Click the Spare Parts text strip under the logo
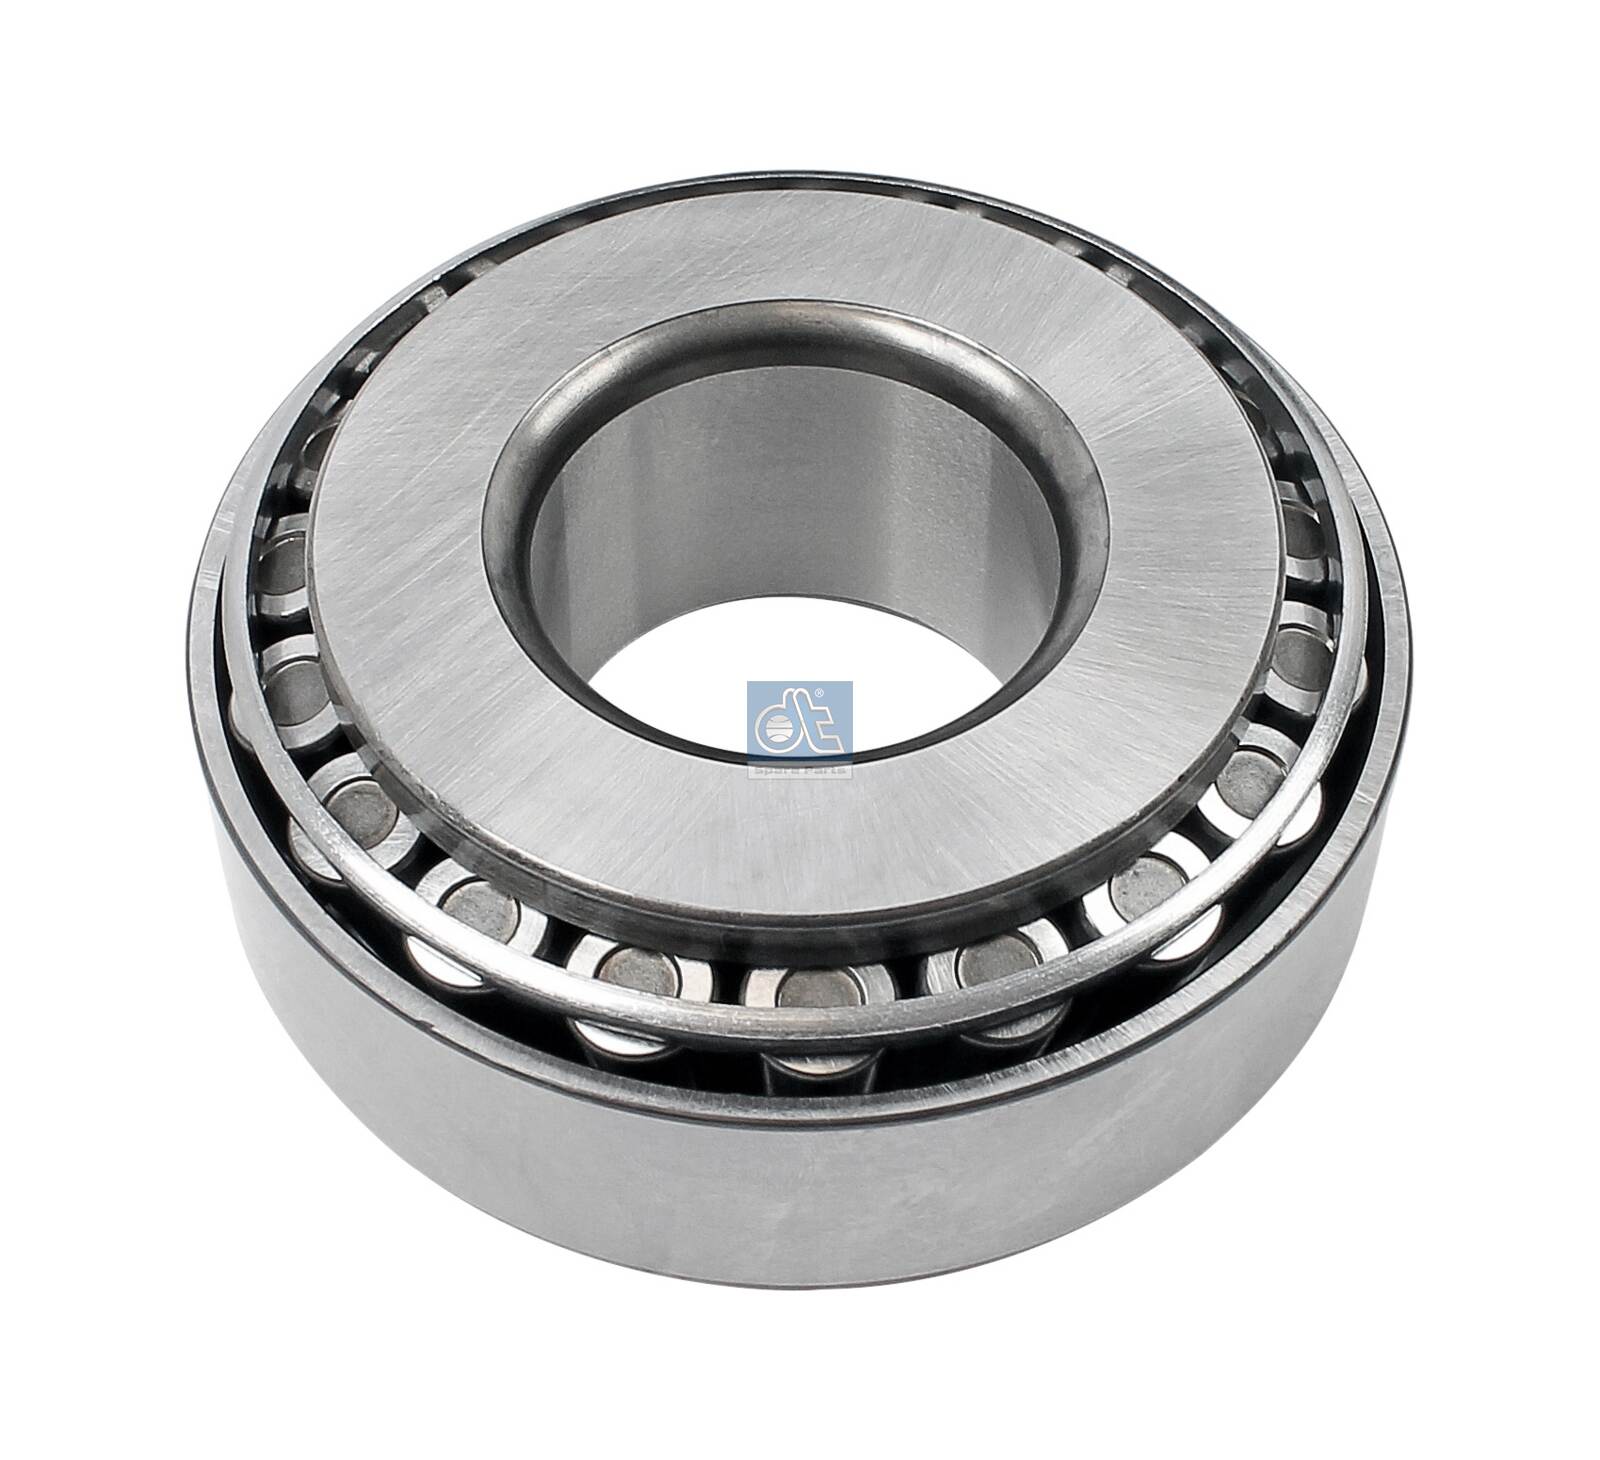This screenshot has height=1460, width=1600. (800, 770)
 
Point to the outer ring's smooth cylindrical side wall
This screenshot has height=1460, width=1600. (800, 1180)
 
